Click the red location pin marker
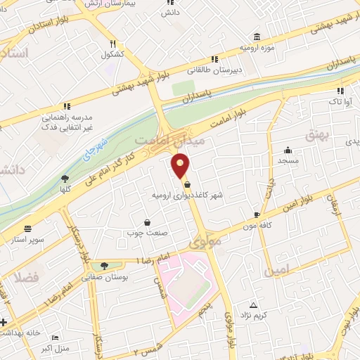pyautogui.click(x=181, y=167)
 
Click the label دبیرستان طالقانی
pyautogui.click(x=210, y=70)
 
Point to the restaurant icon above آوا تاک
pyautogui.click(x=341, y=91)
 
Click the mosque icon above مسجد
pyautogui.click(x=288, y=150)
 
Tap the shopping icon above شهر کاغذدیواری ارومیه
pyautogui.click(x=186, y=184)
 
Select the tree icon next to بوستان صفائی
pyautogui.click(x=105, y=266)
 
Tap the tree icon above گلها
pyautogui.click(x=65, y=179)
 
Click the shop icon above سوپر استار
pyautogui.click(x=27, y=229)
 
